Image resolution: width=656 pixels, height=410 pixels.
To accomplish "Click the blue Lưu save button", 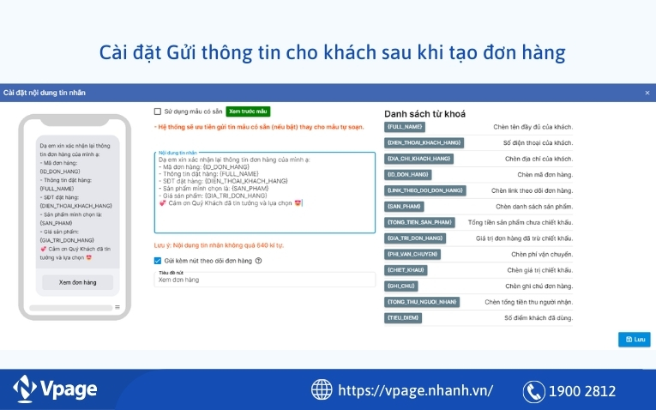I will pos(634,339).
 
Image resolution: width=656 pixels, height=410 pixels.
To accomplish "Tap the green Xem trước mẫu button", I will pos(248,112).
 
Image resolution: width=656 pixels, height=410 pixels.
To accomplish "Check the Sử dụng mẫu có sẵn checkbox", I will pos(158,112).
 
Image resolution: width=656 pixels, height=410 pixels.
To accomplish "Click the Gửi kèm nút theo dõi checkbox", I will pos(158,261).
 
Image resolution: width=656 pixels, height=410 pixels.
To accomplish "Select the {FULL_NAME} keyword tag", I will pos(406,127).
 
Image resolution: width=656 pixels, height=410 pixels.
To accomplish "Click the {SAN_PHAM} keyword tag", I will pos(404,207).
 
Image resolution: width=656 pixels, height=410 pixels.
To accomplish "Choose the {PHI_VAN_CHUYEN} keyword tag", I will pos(412,254).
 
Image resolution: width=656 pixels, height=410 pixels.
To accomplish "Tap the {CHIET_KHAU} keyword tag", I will pos(406,270).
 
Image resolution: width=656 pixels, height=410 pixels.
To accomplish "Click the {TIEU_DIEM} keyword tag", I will pos(403,317).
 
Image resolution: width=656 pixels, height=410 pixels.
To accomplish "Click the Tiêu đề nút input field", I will pos(264,280).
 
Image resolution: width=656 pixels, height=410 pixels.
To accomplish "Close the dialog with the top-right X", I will pos(647,93).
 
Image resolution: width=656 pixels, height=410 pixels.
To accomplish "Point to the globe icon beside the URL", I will pos(322,390).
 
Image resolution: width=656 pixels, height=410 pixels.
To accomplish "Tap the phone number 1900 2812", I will pos(584,391).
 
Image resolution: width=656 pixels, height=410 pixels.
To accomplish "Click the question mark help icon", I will pos(258,261).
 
